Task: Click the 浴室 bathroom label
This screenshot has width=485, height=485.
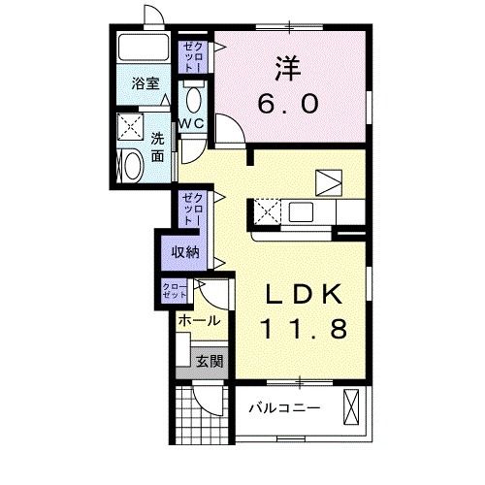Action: point(145,84)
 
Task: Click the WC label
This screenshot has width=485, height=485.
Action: point(190,124)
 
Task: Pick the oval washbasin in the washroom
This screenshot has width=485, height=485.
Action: point(128,166)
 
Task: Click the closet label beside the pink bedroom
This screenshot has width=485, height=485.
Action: point(192,56)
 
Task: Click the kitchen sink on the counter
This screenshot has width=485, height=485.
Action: point(297,210)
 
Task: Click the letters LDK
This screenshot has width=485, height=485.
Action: point(303,292)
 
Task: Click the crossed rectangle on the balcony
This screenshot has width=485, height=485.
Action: point(351,406)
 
